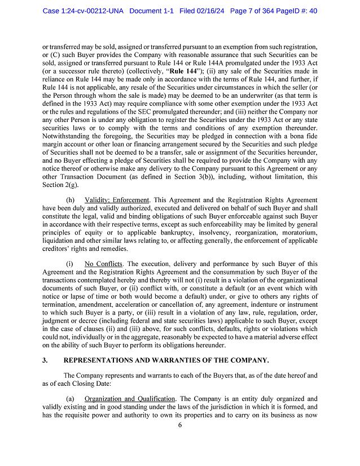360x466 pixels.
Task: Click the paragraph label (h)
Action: tap(70, 201)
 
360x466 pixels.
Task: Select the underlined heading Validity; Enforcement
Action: tap(117, 201)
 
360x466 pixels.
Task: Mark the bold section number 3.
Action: tap(45, 360)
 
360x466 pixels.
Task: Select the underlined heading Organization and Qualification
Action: tap(130, 398)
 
